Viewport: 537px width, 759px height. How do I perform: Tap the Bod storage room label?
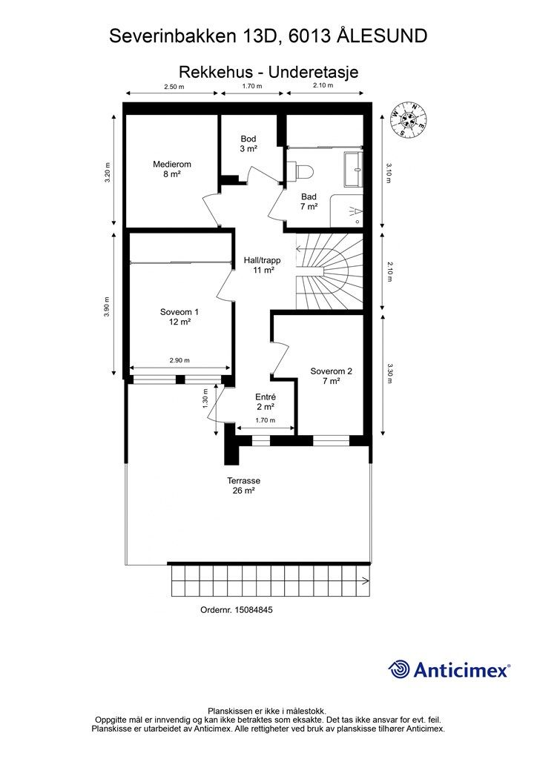248,144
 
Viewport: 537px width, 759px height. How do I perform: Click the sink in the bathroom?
354,169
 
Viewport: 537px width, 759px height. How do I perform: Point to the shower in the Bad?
346,211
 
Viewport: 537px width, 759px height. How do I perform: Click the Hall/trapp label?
262,265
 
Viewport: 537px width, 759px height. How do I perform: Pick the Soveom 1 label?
179,316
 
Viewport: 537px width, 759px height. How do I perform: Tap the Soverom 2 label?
332,376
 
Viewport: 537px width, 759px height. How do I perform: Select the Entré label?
266,402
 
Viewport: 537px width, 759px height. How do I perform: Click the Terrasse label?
243,485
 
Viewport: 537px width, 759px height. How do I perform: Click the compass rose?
409,119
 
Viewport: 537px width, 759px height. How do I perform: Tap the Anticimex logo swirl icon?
399,669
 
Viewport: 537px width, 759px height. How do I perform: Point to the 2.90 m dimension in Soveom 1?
179,360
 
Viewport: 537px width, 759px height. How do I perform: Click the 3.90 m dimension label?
107,306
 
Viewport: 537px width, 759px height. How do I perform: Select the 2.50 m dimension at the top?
174,87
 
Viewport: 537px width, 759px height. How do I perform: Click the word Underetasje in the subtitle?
313,72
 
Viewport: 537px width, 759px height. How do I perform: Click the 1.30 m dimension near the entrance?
205,398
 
